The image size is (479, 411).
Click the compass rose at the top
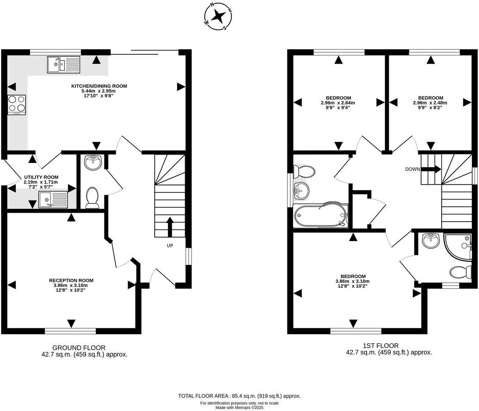(218, 17)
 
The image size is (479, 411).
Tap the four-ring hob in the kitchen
(17, 105)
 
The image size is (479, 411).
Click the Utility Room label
(41, 177)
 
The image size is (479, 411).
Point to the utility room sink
(53, 200)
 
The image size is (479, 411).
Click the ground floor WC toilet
(92, 198)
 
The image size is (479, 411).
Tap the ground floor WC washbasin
(93, 163)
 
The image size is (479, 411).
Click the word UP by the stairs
(170, 245)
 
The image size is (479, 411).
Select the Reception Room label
(71, 280)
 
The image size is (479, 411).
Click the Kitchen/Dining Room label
(99, 86)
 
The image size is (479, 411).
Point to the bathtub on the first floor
(320, 215)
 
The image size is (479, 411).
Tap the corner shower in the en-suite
(458, 247)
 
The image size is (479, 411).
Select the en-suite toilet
(461, 272)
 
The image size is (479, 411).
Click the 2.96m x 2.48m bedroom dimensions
(430, 103)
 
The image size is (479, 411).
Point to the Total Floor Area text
(239, 396)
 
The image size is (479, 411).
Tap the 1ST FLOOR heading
(381, 346)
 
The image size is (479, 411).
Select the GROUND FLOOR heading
(79, 348)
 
